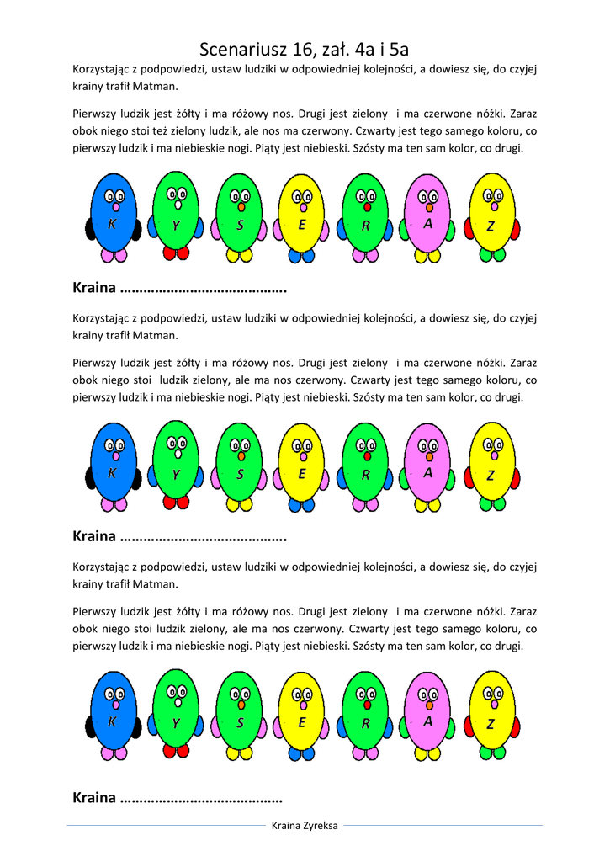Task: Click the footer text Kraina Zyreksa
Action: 305,826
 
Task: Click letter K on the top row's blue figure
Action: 112,225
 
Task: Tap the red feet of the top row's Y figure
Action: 176,253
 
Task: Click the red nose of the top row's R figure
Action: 367,207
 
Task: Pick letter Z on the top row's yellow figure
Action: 491,226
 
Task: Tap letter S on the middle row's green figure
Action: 240,475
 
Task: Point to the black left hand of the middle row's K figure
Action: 90,477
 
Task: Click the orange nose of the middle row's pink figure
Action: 429,455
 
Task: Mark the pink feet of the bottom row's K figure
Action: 114,752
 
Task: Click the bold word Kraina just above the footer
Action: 94,797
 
